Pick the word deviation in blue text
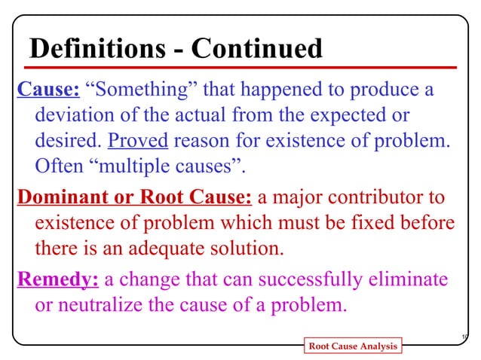[74, 116]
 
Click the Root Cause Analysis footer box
[351, 346]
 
